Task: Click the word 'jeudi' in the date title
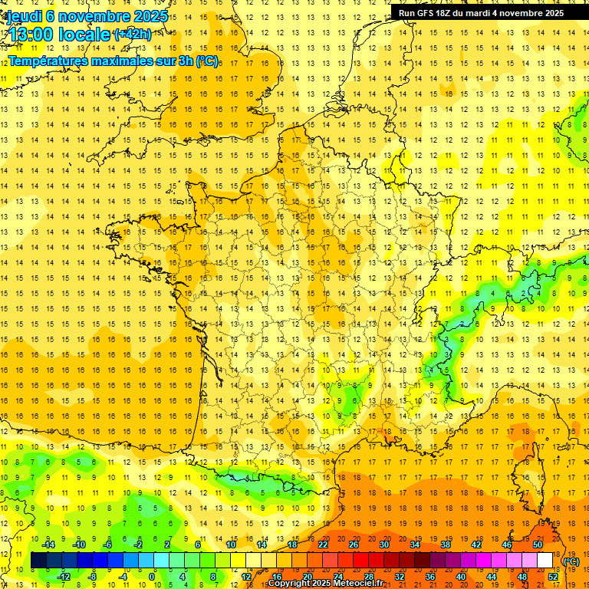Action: [24, 15]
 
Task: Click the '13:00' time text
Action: [31, 35]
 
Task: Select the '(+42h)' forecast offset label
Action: [132, 35]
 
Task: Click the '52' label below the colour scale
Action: [552, 577]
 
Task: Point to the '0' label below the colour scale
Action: [152, 577]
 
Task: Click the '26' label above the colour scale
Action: [353, 545]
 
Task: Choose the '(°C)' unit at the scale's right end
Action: [571, 561]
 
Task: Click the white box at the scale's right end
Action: [545, 561]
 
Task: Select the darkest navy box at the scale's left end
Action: [38, 561]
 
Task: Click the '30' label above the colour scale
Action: [383, 545]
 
